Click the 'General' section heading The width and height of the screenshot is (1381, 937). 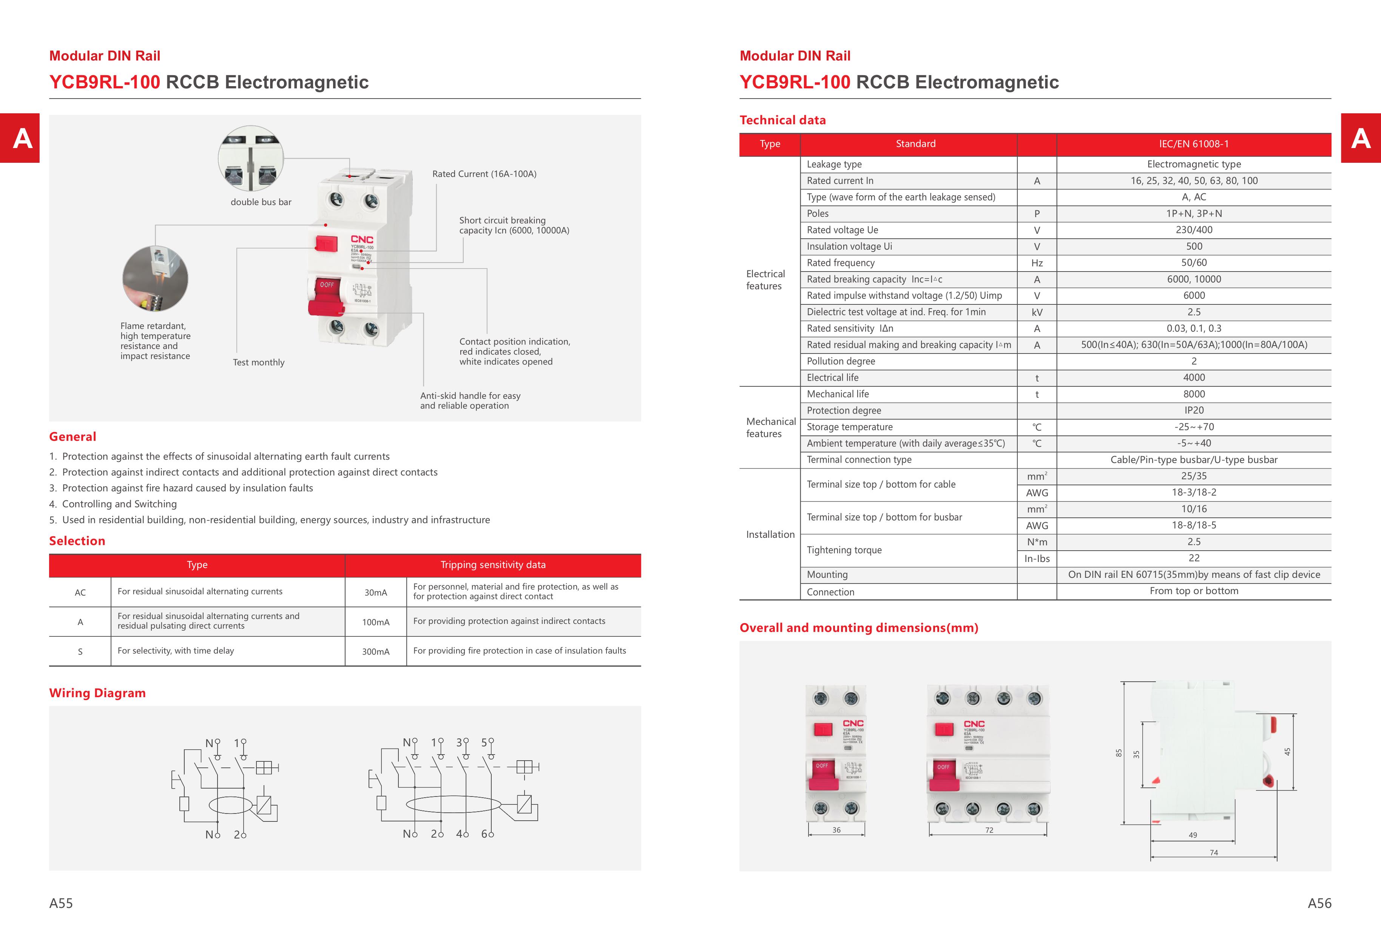coord(73,437)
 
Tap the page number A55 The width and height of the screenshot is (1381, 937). coord(61,903)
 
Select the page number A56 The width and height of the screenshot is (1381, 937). coord(1319,903)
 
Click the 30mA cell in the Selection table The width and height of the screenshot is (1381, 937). coord(376,593)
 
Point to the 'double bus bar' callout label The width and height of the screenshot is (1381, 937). coord(261,202)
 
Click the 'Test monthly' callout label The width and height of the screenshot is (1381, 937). coord(259,363)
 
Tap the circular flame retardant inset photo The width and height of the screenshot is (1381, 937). coord(155,279)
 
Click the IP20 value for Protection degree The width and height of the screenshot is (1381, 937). coord(1194,411)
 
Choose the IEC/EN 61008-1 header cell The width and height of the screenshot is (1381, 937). coord(1194,144)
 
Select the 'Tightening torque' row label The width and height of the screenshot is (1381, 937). coord(844,550)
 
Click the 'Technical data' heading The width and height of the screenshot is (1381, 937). coord(782,120)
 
